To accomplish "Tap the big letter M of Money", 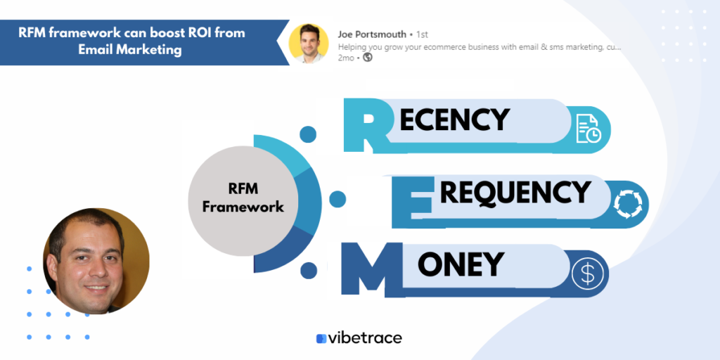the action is point(372,269).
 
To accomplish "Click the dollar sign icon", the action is point(587,274).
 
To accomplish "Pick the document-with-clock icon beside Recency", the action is point(589,129).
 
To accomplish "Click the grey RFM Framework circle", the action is point(243,200).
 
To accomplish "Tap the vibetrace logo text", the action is point(366,338).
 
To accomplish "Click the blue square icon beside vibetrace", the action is point(321,338).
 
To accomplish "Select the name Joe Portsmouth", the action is point(372,34).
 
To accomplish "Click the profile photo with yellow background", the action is point(308,44).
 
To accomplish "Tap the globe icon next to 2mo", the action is point(367,58).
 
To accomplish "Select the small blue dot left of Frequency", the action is point(337,199).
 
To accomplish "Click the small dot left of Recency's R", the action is point(308,134).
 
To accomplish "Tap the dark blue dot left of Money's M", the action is point(309,271).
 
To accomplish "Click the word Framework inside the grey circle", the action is point(243,207).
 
